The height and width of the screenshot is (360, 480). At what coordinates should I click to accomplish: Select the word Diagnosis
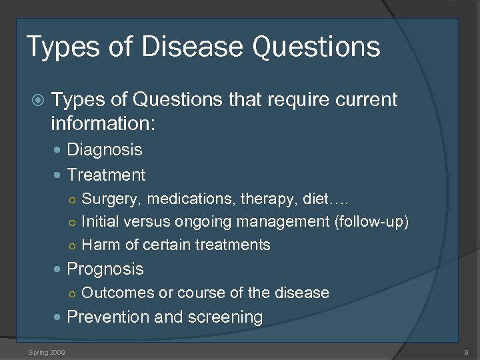105,149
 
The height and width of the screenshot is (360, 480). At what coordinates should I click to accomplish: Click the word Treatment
106,175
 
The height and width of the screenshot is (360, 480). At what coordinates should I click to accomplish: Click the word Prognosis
105,269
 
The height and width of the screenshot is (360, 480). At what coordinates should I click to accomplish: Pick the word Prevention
108,317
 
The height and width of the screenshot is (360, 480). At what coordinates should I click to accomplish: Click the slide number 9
466,351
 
